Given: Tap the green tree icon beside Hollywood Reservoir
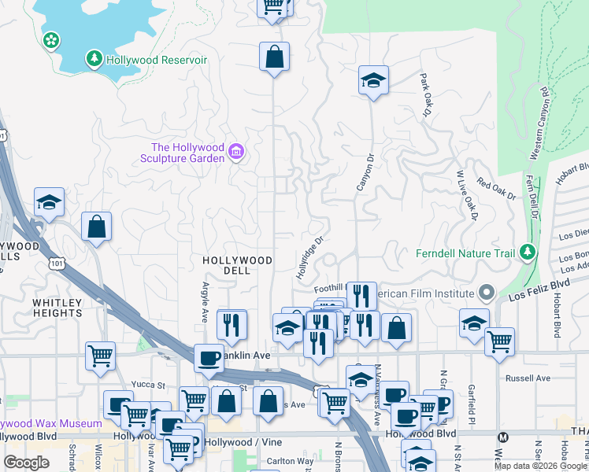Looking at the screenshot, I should (94, 59).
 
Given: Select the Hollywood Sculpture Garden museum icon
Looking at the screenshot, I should (235, 151).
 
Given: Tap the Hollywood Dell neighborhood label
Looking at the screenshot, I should (237, 265).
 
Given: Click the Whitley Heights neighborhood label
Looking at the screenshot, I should (57, 308).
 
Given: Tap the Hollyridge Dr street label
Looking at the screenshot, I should (310, 258).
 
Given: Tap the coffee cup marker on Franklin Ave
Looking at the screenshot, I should (209, 358).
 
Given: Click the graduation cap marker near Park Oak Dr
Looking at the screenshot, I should (373, 79).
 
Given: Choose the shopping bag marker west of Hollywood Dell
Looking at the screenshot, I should (96, 227).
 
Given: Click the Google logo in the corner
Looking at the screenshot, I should (26, 463).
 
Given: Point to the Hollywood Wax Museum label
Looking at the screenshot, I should (50, 423).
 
